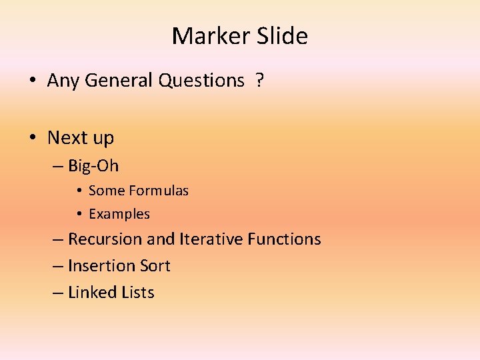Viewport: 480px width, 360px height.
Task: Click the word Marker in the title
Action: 209,36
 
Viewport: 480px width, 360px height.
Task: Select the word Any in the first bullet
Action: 63,81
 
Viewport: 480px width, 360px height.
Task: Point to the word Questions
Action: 201,81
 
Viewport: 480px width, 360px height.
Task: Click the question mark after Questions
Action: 259,81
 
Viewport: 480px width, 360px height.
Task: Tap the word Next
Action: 67,138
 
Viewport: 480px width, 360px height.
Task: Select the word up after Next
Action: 103,139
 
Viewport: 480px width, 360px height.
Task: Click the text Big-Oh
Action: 93,165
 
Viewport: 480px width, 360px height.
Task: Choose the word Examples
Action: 119,214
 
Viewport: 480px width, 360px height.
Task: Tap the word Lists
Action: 138,292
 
